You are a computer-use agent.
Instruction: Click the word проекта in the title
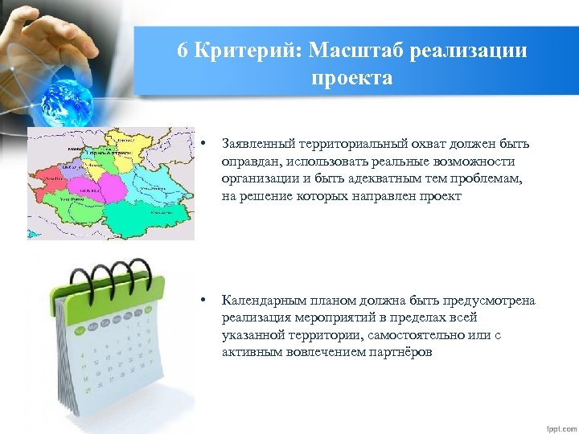353,78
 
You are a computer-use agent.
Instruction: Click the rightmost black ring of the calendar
146,274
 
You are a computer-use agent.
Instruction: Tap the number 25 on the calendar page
87,390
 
